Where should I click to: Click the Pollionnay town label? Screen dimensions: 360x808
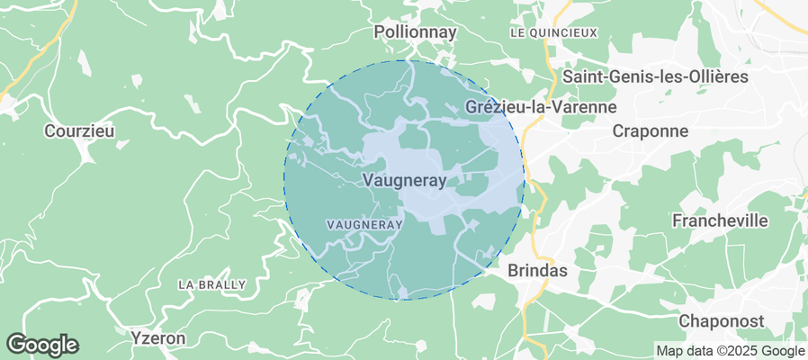tap(415, 32)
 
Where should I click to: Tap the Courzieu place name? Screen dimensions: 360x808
tap(79, 131)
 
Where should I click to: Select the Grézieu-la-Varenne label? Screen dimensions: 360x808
tap(542, 107)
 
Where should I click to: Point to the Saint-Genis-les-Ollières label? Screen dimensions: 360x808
tap(655, 76)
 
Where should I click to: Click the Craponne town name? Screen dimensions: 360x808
tap(650, 131)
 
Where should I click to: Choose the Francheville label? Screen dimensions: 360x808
tap(720, 220)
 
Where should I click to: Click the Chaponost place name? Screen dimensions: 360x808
tap(721, 321)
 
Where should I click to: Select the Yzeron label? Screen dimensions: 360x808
tap(157, 338)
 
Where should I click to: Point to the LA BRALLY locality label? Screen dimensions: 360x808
tap(211, 284)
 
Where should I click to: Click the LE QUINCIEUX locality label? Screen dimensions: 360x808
tap(553, 32)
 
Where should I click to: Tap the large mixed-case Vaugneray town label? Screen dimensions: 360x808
tap(404, 180)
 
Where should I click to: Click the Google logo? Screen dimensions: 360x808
tap(42, 344)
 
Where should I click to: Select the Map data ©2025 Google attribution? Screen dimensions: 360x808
tap(730, 351)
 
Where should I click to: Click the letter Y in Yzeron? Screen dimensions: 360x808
tap(135, 338)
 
